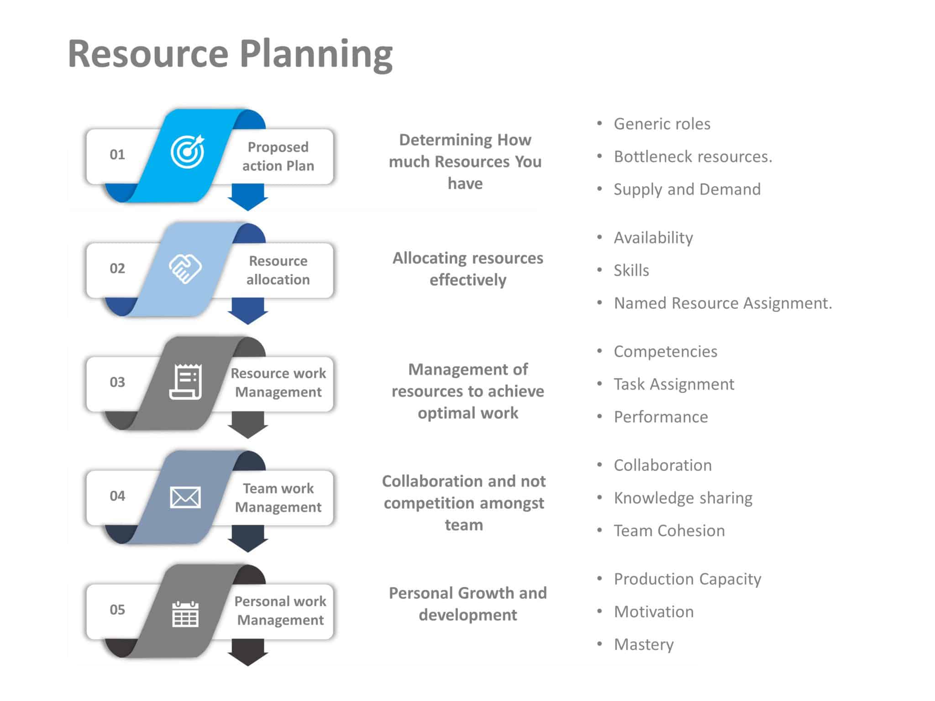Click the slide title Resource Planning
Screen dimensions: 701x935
(230, 54)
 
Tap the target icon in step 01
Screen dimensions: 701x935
(187, 152)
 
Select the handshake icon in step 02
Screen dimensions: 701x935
(185, 268)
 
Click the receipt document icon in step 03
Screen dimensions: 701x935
(185, 382)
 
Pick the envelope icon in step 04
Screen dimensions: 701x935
(185, 497)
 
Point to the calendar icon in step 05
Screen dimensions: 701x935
(185, 614)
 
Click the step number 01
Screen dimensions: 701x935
(117, 155)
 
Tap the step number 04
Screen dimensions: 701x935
(117, 496)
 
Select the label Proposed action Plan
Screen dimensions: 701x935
(278, 157)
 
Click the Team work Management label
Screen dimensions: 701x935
(278, 498)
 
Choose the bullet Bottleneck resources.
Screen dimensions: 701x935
(693, 157)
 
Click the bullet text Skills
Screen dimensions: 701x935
(631, 270)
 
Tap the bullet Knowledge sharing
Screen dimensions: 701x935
(683, 498)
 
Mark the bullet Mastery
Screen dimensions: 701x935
(643, 644)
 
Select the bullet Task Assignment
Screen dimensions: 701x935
(674, 384)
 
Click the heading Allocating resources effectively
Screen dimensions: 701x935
(467, 269)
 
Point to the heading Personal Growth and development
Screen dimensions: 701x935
(467, 604)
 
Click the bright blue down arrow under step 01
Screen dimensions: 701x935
(247, 198)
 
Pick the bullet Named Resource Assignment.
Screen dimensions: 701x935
(723, 303)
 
